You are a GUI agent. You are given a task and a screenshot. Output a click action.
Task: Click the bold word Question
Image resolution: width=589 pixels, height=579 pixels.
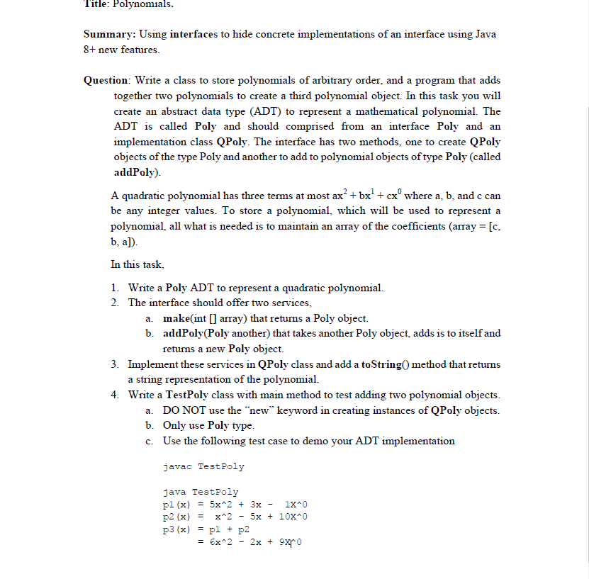(x=106, y=80)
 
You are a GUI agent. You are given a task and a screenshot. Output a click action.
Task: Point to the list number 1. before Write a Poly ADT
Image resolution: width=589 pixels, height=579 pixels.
(x=115, y=288)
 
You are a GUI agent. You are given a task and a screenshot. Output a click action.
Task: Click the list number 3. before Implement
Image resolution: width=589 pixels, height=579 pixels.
(x=115, y=364)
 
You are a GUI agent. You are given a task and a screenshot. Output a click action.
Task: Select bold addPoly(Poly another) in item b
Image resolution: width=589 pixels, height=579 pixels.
(x=220, y=333)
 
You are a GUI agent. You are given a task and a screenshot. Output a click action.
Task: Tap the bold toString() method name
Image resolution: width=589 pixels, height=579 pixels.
(x=388, y=364)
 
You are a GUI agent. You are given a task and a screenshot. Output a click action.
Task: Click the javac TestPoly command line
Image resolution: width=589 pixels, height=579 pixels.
(x=203, y=466)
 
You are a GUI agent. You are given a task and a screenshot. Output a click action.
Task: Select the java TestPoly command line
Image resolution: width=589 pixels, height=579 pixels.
(x=201, y=491)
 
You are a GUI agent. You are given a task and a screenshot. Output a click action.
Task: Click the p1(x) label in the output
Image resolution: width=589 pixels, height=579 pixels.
(x=176, y=504)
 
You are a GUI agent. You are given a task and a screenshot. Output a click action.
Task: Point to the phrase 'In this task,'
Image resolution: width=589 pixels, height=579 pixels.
(x=138, y=264)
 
